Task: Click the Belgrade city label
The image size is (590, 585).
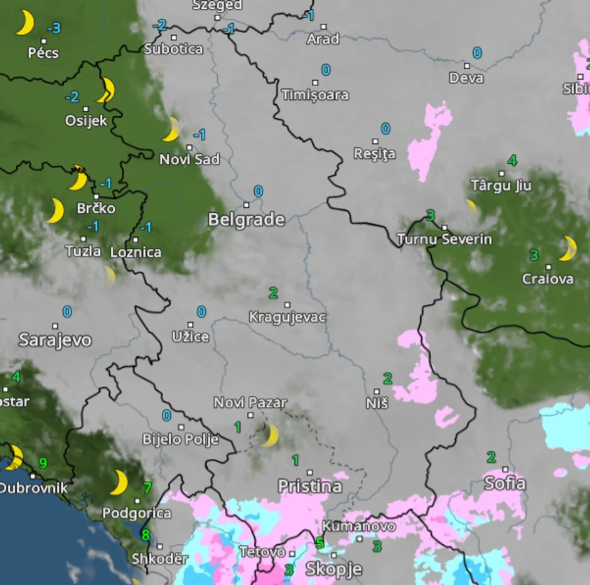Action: click(x=246, y=220)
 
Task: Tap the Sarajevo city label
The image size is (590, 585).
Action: click(x=55, y=340)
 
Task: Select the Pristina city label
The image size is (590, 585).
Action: click(x=310, y=486)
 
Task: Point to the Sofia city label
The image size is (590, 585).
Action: click(x=505, y=483)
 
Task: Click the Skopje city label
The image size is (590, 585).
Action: click(x=333, y=569)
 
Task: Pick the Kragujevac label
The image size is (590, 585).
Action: click(x=287, y=317)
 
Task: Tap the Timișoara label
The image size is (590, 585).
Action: click(x=315, y=95)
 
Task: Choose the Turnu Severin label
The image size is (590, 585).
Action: click(x=444, y=239)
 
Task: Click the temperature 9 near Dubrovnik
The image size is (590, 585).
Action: click(x=43, y=463)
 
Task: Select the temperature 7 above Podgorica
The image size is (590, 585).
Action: click(x=147, y=487)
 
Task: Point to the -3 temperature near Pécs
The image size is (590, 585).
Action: click(x=55, y=28)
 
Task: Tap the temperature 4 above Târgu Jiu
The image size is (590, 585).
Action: click(x=512, y=160)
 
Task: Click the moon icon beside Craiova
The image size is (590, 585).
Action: click(x=568, y=248)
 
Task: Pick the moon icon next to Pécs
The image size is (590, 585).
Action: click(x=24, y=23)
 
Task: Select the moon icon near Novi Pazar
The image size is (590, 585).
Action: click(x=270, y=435)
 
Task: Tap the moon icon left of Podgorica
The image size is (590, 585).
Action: click(x=119, y=482)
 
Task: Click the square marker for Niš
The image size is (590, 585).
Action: click(x=377, y=392)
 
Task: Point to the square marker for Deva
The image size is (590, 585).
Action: click(x=467, y=65)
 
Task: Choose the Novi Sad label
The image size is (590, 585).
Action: click(x=190, y=159)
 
